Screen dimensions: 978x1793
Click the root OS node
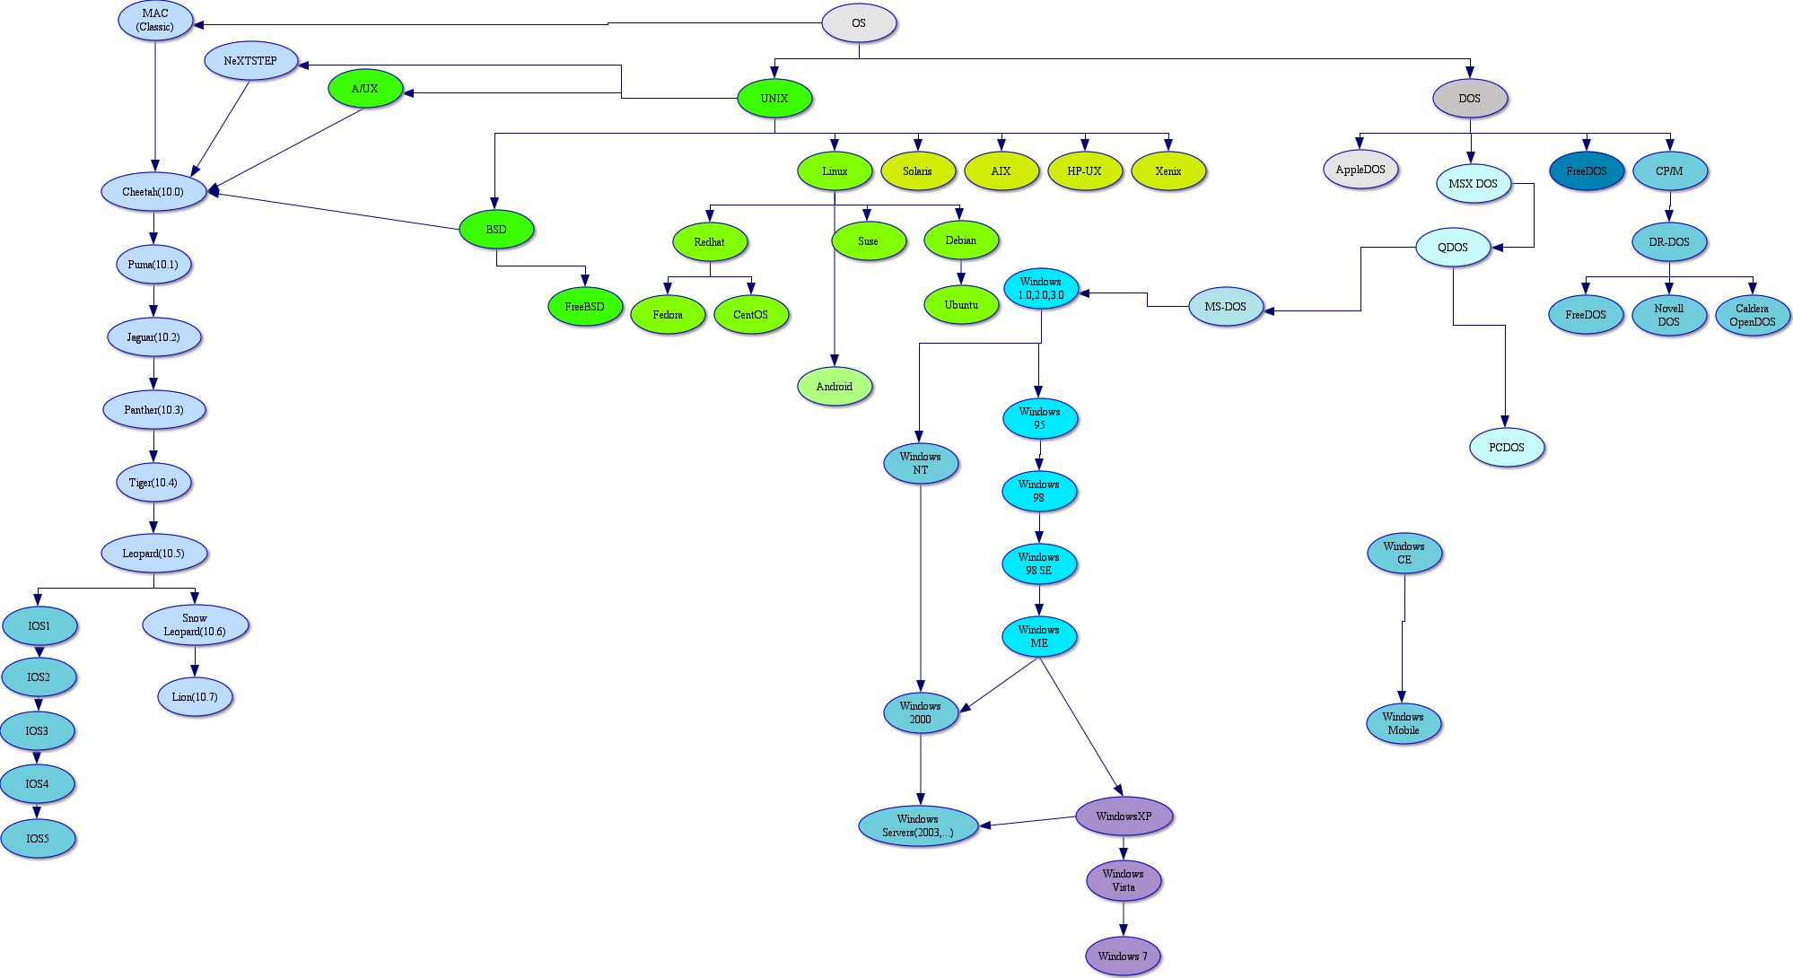859,23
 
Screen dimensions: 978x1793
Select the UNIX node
774,99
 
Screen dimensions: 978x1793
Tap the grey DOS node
1469,99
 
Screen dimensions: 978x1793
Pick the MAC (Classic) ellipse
155,21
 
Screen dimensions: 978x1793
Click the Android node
834,387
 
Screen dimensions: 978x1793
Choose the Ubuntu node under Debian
961,305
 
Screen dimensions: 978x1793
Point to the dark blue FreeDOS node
1586,171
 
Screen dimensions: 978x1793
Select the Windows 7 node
1123,956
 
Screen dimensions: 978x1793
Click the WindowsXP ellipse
1124,816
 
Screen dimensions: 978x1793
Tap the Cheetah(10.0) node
153,192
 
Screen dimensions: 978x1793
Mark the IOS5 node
38,839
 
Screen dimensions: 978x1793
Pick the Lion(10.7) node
195,697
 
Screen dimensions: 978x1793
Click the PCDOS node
1506,448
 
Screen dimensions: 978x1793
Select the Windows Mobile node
1403,723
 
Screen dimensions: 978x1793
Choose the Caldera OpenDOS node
1752,315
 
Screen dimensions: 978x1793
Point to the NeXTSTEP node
250,61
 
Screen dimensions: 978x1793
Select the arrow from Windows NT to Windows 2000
920,583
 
